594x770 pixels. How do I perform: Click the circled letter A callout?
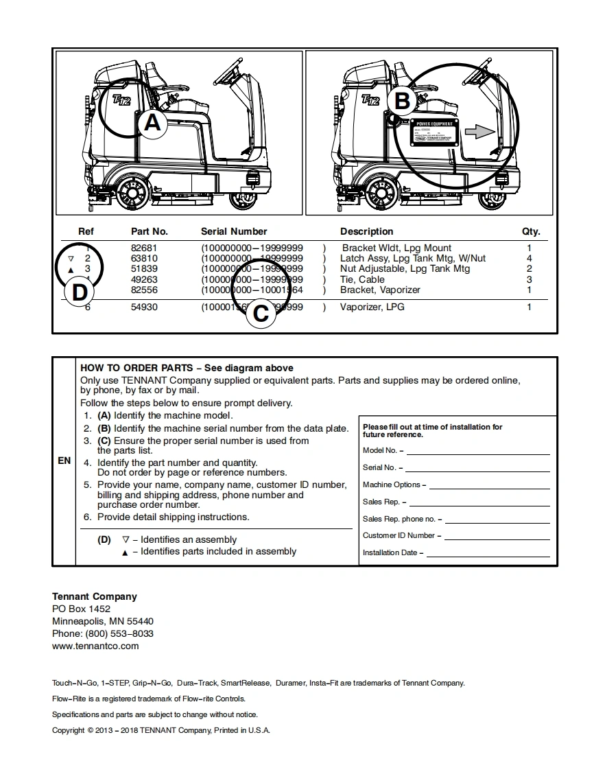click(152, 124)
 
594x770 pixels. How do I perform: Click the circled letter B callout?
click(402, 102)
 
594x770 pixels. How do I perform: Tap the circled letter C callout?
click(261, 314)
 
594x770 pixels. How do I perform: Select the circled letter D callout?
click(80, 292)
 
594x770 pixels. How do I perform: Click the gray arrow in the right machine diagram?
click(479, 132)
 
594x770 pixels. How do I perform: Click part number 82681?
click(144, 248)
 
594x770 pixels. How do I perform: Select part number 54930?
click(144, 307)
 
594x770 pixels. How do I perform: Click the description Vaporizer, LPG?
click(372, 307)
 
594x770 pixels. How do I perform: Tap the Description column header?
click(366, 231)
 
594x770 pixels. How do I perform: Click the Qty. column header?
click(531, 231)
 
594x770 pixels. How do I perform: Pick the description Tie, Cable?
click(362, 279)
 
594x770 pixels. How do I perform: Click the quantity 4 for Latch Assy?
click(530, 258)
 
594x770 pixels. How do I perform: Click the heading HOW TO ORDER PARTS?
click(136, 368)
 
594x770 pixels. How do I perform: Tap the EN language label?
click(64, 460)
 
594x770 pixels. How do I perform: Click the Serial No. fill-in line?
click(477, 470)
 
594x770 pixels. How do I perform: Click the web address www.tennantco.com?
click(95, 646)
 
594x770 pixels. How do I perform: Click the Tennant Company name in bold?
click(95, 596)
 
